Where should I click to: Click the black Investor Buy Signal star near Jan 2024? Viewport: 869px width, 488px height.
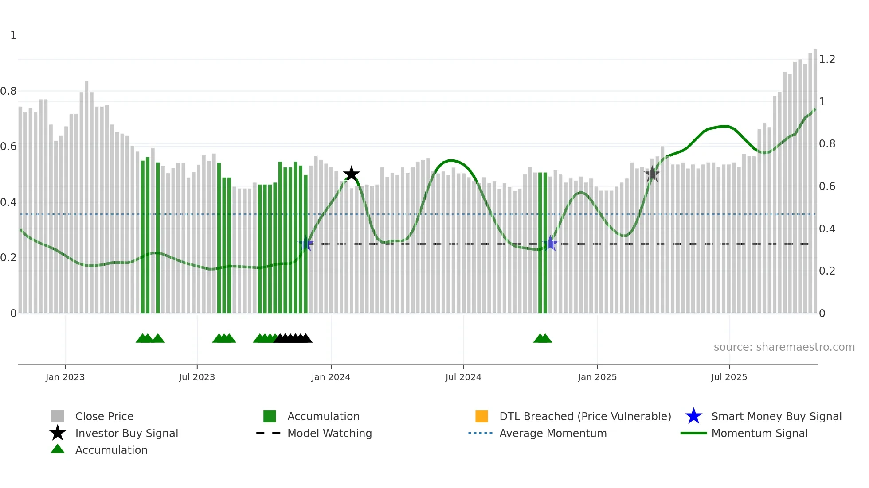pos(351,174)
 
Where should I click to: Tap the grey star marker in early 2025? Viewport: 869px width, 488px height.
pos(652,174)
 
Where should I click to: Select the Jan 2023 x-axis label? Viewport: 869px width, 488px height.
pos(65,377)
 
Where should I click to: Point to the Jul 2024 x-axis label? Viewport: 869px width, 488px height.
pos(463,377)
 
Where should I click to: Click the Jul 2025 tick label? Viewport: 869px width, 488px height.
pos(729,377)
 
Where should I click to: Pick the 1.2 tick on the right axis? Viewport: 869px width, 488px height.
pos(827,59)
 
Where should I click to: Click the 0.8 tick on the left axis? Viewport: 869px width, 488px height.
pos(8,91)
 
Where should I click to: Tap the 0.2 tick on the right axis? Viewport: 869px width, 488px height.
pos(827,271)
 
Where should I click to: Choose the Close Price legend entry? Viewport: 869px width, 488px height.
pos(104,416)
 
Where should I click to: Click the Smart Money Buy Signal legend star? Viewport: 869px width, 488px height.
pos(693,416)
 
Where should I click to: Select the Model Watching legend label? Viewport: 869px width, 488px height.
pos(329,433)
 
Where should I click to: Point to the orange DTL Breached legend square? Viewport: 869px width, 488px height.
pos(481,416)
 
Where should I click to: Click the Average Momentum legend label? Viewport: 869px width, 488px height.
pos(553,433)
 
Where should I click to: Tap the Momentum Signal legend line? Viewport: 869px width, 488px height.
pos(693,433)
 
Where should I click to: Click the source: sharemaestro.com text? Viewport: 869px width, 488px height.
pos(784,347)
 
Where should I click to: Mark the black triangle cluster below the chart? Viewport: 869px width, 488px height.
pos(293,338)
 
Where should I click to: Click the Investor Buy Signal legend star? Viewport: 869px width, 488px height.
pos(58,433)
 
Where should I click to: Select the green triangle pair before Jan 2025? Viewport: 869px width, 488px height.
pos(542,338)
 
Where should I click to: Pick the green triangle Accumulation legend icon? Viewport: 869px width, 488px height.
pos(58,449)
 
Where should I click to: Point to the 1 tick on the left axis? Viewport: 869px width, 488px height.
pos(13,35)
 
